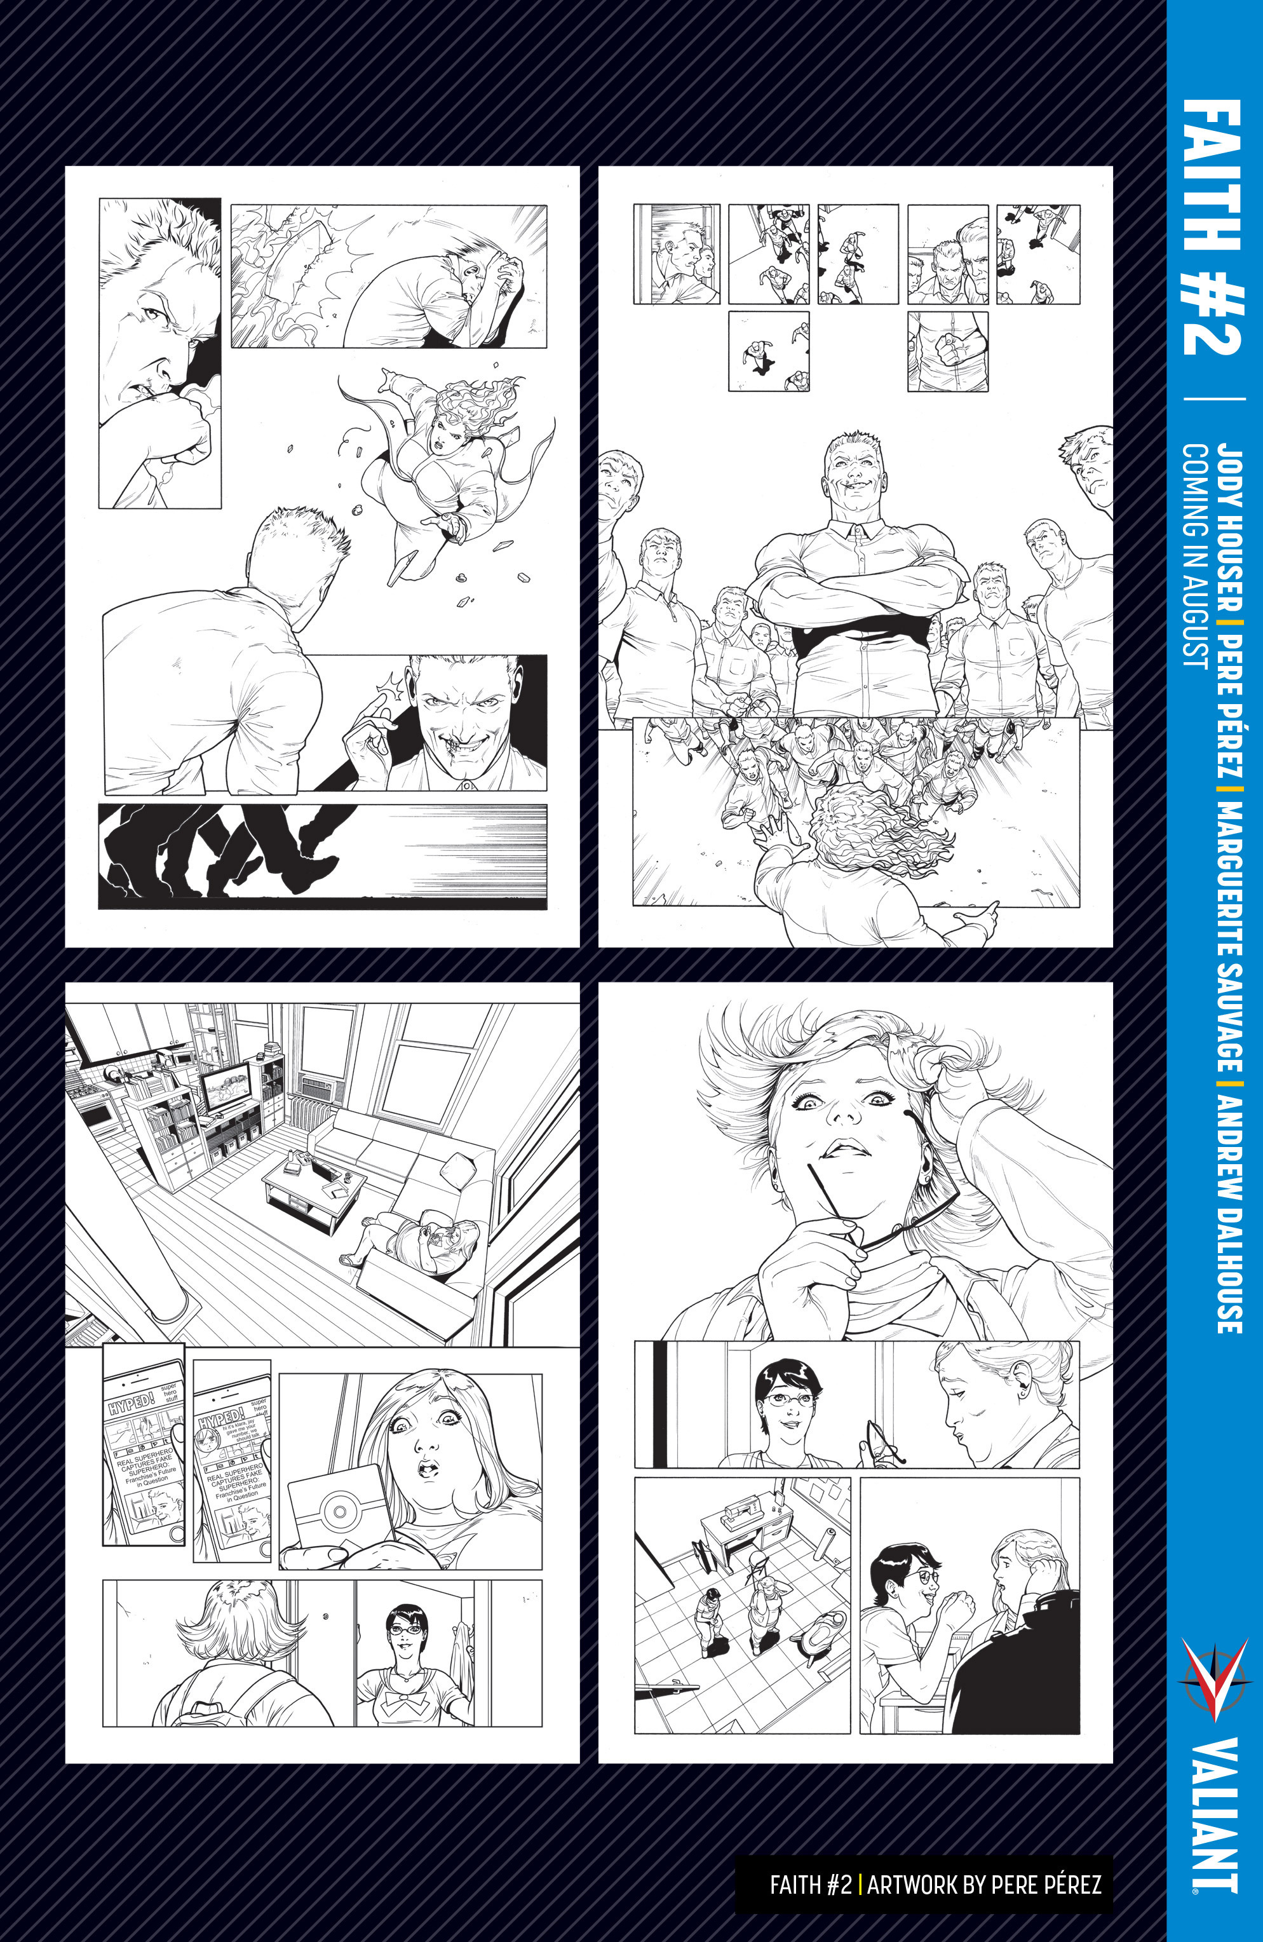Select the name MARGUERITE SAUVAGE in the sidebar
tap(1229, 939)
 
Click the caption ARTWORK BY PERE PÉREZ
tap(984, 1885)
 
